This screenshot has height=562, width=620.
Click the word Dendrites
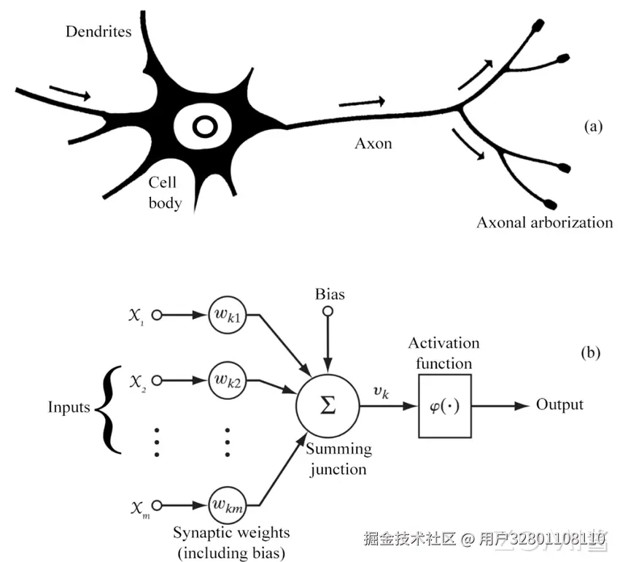(x=98, y=31)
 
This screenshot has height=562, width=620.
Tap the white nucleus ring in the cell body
(x=205, y=127)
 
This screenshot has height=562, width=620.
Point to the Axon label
(x=373, y=143)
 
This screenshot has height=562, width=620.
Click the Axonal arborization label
(x=544, y=222)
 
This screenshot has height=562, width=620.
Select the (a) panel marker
(x=593, y=126)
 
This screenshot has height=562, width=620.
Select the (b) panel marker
(x=589, y=353)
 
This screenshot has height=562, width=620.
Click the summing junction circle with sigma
(x=328, y=406)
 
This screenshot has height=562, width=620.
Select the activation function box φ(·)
(x=444, y=406)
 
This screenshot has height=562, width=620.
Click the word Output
(x=559, y=405)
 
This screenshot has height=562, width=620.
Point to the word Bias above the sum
(x=330, y=295)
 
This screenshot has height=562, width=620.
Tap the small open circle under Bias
(x=328, y=312)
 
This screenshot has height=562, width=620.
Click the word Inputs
(x=69, y=407)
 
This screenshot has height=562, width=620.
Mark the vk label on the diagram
(x=381, y=393)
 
